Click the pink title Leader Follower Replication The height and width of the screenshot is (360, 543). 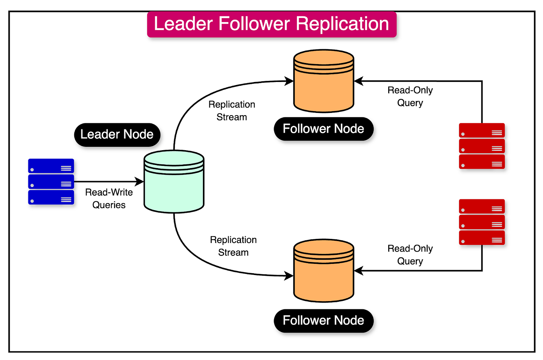click(271, 24)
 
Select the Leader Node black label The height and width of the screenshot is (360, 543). click(117, 135)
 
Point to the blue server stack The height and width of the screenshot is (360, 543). click(51, 182)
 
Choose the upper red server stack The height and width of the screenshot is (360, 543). click(482, 146)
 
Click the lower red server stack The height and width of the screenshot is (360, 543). click(482, 222)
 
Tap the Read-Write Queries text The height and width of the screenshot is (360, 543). click(109, 199)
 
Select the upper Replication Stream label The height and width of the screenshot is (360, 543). click(232, 111)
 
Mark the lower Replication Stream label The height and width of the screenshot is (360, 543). click(233, 246)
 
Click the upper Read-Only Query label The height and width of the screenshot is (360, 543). click(410, 97)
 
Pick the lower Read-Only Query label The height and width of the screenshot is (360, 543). click(410, 255)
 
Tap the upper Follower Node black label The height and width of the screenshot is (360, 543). click(323, 129)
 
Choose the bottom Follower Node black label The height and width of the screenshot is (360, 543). click(323, 320)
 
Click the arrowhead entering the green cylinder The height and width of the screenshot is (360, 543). click(140, 182)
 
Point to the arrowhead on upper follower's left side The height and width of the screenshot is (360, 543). click(289, 81)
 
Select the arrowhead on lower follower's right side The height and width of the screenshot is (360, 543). click(358, 271)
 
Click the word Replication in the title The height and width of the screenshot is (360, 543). click(342, 24)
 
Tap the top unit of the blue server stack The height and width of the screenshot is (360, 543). click(51, 166)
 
